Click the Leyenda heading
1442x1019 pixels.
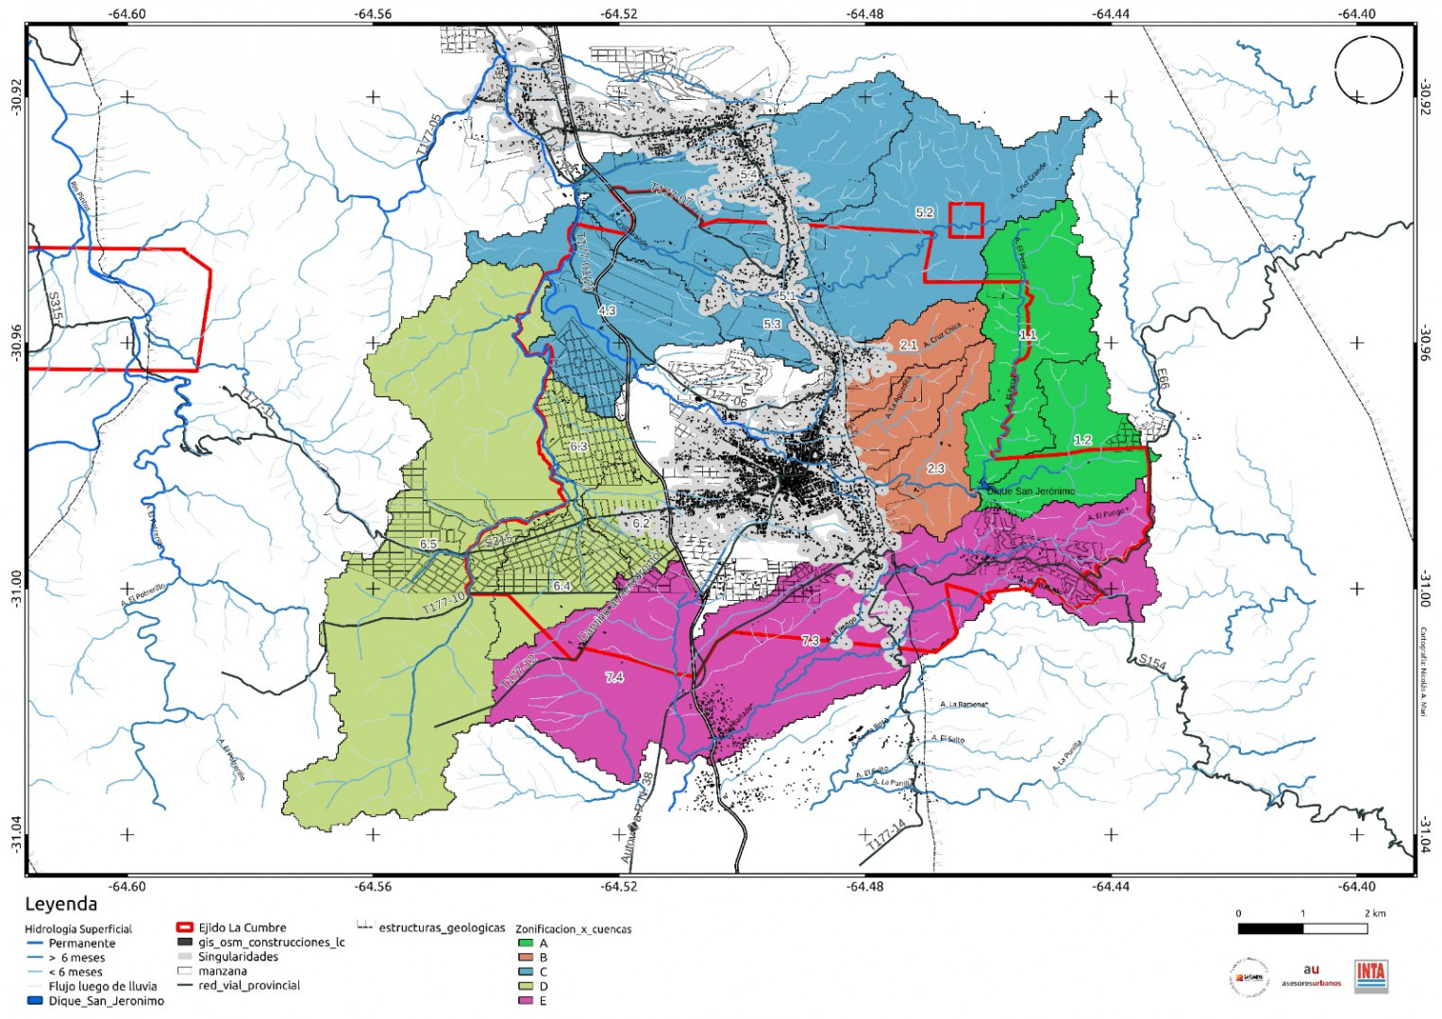pos(60,904)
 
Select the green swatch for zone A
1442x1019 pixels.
pos(526,943)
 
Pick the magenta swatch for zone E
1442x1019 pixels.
pos(526,1000)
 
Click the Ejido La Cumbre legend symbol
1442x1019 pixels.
pos(184,927)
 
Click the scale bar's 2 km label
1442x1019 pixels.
pos(1375,913)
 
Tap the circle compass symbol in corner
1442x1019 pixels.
pos(1368,69)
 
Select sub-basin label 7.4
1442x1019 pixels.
pos(613,677)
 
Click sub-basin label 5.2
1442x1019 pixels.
pos(924,213)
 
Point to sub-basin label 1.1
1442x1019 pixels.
pos(1028,334)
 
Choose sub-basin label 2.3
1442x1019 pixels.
pos(935,468)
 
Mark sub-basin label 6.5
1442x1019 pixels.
pos(428,544)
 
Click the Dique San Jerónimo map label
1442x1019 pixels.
pos(1031,492)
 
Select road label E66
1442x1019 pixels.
pos(1162,378)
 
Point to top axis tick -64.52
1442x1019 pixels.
pos(619,13)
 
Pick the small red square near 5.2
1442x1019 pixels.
pos(966,220)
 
